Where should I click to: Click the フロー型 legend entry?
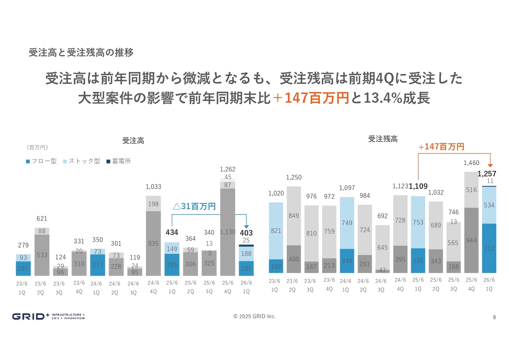41,161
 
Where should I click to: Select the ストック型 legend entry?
82,161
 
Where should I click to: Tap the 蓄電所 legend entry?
119,161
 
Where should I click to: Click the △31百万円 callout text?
194,206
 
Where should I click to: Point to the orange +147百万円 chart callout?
441,147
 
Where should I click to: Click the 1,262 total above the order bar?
227,169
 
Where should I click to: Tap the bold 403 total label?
246,233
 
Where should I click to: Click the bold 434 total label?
172,232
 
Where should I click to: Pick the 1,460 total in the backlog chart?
471,163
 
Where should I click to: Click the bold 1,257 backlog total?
488,174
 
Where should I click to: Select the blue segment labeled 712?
489,248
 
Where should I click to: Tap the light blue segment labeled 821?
276,231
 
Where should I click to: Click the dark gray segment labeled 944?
471,240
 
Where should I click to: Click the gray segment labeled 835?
153,243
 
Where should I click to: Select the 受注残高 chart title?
383,139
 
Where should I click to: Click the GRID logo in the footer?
48,317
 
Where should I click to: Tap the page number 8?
494,317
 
